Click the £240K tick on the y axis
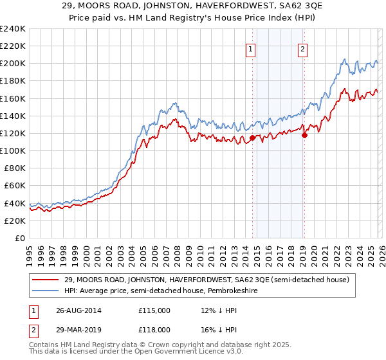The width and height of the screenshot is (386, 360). (x=13, y=29)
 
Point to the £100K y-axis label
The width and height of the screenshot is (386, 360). (x=13, y=150)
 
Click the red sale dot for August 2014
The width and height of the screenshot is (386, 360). (x=252, y=138)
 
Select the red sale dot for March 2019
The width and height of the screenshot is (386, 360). (x=304, y=135)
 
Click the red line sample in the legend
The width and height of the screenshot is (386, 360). (x=47, y=280)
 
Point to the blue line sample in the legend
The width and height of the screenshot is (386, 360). (x=47, y=291)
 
